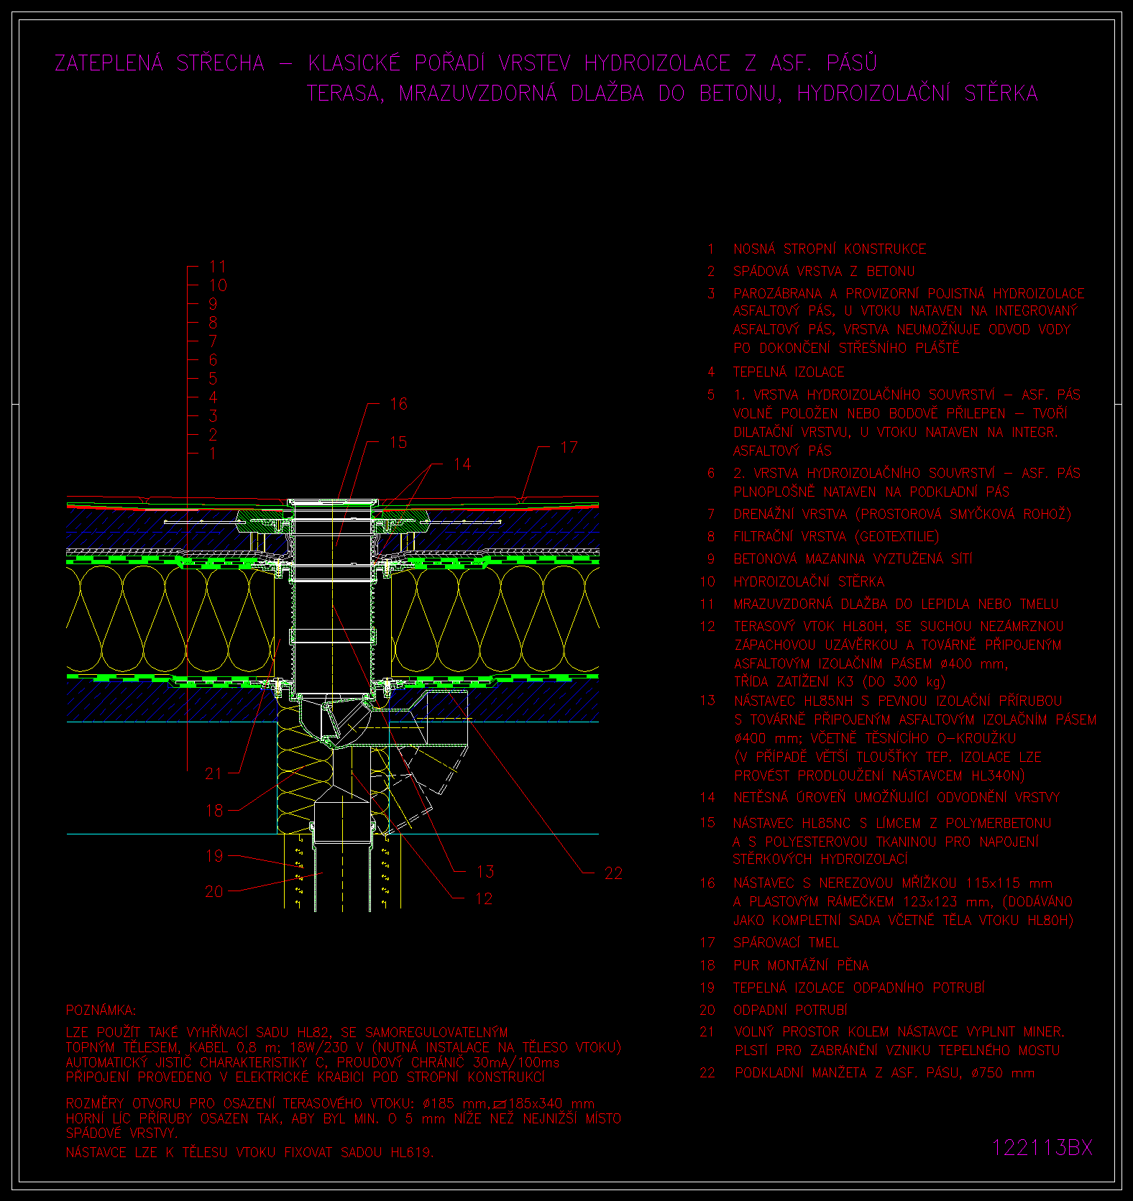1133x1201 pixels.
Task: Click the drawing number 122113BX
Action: [1042, 1147]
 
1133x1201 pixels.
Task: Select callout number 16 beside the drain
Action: [398, 404]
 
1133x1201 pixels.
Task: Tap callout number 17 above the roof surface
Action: [569, 447]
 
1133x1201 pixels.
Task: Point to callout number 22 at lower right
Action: [613, 873]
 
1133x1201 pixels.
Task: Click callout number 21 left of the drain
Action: [214, 773]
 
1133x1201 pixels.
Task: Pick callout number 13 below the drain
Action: [485, 872]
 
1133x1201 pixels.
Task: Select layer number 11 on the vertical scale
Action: [217, 267]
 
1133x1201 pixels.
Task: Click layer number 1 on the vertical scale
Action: [213, 454]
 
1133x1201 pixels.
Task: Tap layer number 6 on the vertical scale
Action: [213, 360]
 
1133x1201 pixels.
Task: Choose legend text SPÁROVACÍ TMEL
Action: [786, 942]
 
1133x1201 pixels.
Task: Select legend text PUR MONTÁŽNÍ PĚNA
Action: [801, 965]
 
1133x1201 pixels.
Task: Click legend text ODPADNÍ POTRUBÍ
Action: [790, 1010]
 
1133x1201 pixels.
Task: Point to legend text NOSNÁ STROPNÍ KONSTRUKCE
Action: [830, 249]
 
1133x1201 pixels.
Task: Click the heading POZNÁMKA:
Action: [101, 1010]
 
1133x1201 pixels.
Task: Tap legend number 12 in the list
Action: [707, 626]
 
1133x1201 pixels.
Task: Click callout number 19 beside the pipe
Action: [214, 856]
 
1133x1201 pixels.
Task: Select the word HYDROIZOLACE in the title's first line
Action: [657, 63]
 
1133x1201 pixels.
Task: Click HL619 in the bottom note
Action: [412, 1152]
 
